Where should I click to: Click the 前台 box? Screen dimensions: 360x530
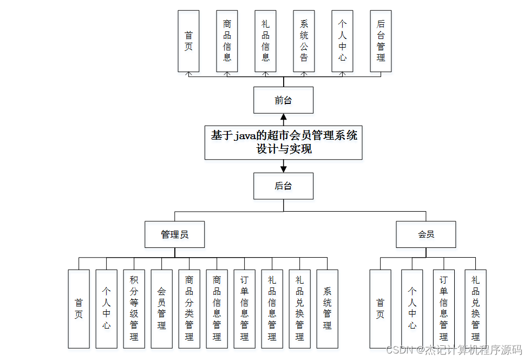tap(283, 100)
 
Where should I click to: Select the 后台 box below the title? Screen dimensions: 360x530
tap(283, 186)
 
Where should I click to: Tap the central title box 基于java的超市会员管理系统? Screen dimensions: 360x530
tap(283, 142)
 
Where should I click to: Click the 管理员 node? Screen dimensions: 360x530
tap(174, 234)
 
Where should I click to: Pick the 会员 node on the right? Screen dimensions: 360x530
tap(426, 234)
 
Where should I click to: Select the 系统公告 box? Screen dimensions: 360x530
tap(304, 41)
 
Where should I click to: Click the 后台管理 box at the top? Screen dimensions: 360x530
tap(381, 41)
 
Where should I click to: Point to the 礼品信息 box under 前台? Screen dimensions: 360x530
tap(265, 41)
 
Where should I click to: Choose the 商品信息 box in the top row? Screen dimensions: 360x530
tap(227, 41)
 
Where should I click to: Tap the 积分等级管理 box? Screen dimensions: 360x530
tap(134, 309)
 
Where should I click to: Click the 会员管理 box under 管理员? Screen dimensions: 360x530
tap(161, 309)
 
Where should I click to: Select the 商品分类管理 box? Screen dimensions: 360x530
tap(189, 309)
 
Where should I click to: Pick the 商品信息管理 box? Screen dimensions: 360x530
tap(217, 309)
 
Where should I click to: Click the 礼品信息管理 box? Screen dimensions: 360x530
tap(272, 309)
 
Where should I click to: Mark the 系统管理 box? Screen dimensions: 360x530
tap(327, 309)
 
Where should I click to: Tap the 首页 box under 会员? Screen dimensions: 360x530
tap(380, 309)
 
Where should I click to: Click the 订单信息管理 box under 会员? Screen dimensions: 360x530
tap(443, 309)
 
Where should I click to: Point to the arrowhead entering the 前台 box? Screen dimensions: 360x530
tap(283, 117)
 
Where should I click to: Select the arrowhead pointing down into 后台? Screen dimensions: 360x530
tap(283, 169)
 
